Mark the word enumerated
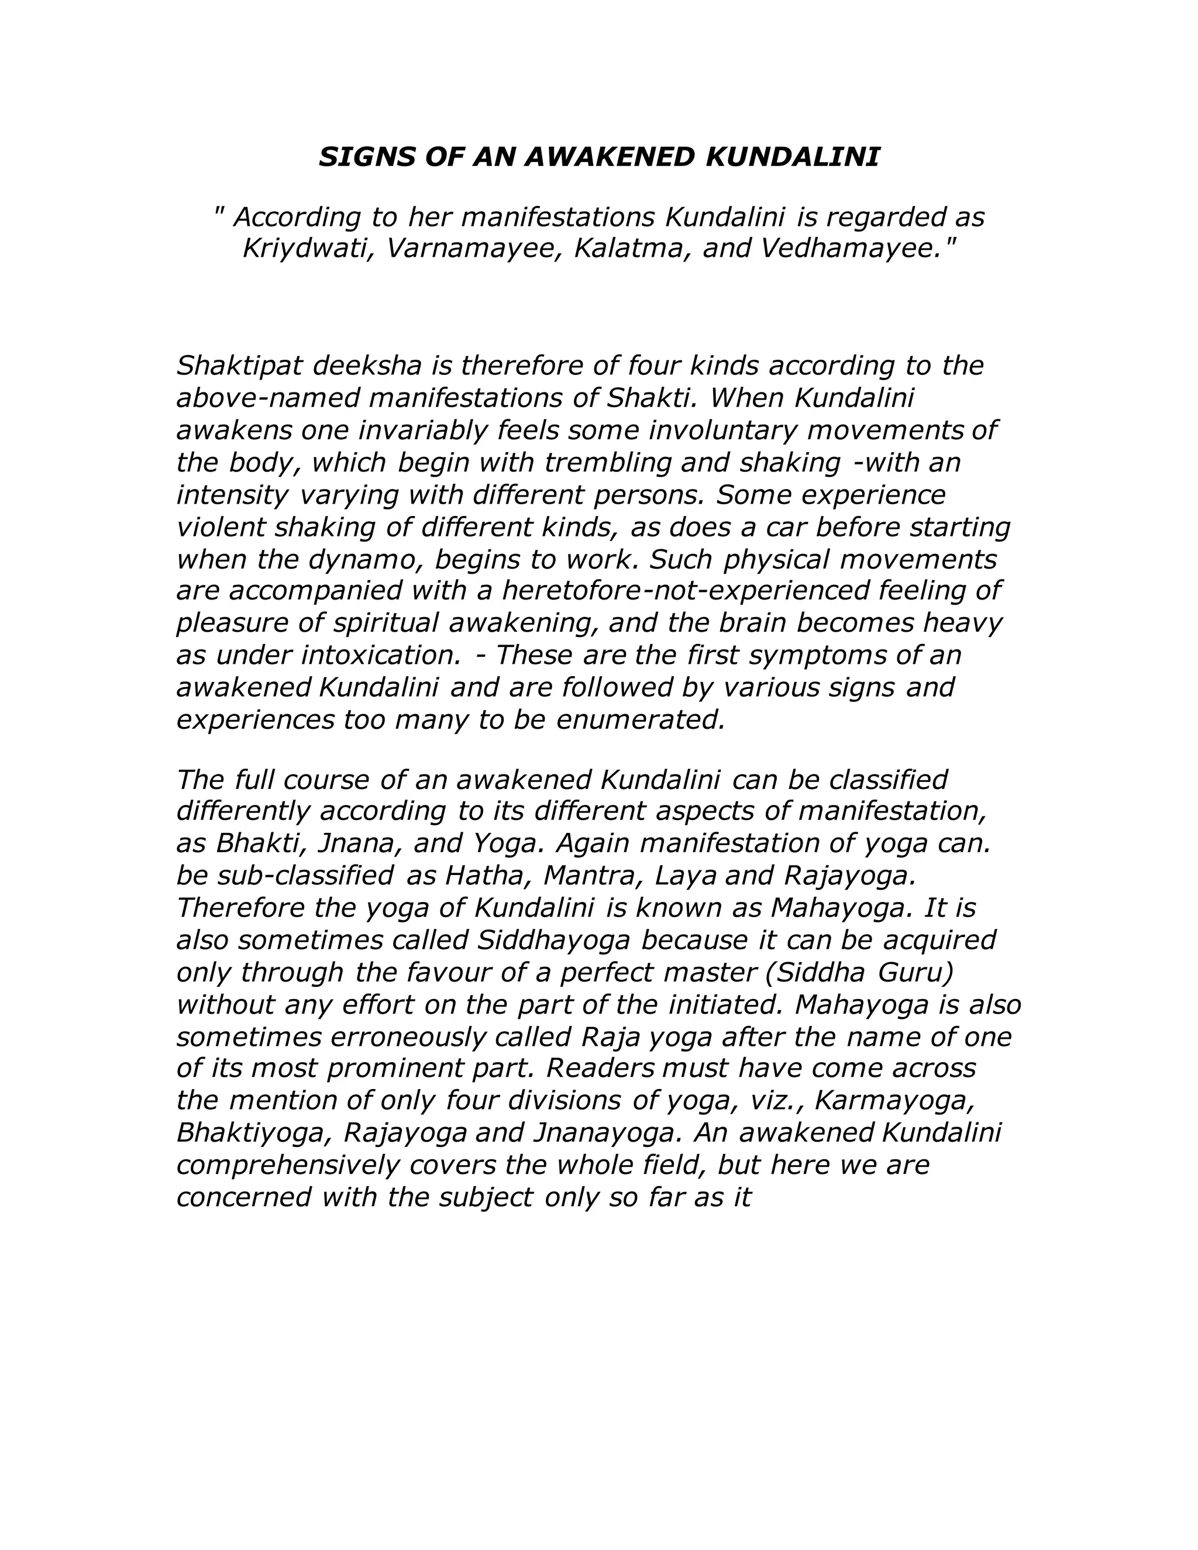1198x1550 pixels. (641, 721)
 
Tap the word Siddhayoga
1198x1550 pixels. (555, 941)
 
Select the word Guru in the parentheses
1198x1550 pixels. (915, 972)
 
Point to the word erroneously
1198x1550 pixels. (407, 1037)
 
